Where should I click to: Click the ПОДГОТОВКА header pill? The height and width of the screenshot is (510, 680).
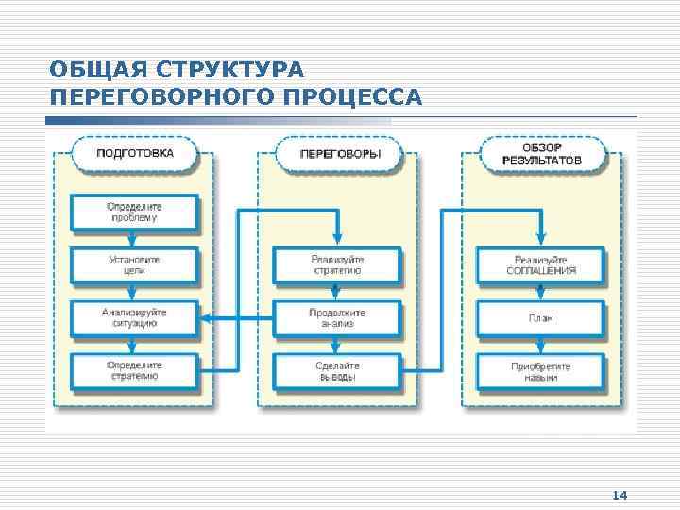135,152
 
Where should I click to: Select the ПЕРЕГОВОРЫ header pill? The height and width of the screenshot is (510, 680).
339,152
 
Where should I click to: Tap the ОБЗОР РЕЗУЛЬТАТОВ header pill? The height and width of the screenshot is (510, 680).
542,152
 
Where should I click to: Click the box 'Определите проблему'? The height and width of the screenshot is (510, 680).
134,212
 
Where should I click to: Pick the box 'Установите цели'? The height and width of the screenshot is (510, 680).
134,264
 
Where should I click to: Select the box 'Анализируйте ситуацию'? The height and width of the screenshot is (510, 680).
134,317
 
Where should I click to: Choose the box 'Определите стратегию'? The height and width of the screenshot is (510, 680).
134,370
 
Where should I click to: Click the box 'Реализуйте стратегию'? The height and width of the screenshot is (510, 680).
337,264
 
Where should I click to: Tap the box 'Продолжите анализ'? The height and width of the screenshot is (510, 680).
337,317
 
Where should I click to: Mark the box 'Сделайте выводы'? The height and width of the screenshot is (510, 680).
337,370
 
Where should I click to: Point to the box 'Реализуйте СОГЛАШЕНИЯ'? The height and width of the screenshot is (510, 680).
541,264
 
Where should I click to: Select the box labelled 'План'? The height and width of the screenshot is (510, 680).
541,318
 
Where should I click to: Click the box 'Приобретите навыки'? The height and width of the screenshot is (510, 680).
541,370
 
